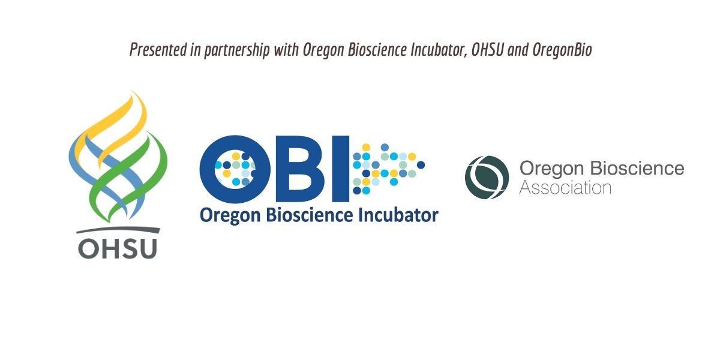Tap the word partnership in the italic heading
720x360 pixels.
coord(236,50)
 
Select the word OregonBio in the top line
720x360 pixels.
coord(562,50)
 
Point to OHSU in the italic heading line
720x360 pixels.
coord(487,50)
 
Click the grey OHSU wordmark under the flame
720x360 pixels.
coord(118,248)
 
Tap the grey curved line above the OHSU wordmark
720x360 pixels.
coord(118,229)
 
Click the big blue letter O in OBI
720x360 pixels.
coord(233,169)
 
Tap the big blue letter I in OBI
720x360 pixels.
coord(341,169)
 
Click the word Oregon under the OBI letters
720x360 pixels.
coord(230,216)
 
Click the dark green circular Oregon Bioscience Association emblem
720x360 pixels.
coord(487,178)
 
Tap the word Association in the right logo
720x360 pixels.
coord(565,188)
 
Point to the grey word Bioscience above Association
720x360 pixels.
coord(638,169)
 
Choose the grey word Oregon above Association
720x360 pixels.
coord(551,169)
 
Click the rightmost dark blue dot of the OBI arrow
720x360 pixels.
coord(421,165)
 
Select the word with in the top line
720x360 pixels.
coord(286,50)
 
